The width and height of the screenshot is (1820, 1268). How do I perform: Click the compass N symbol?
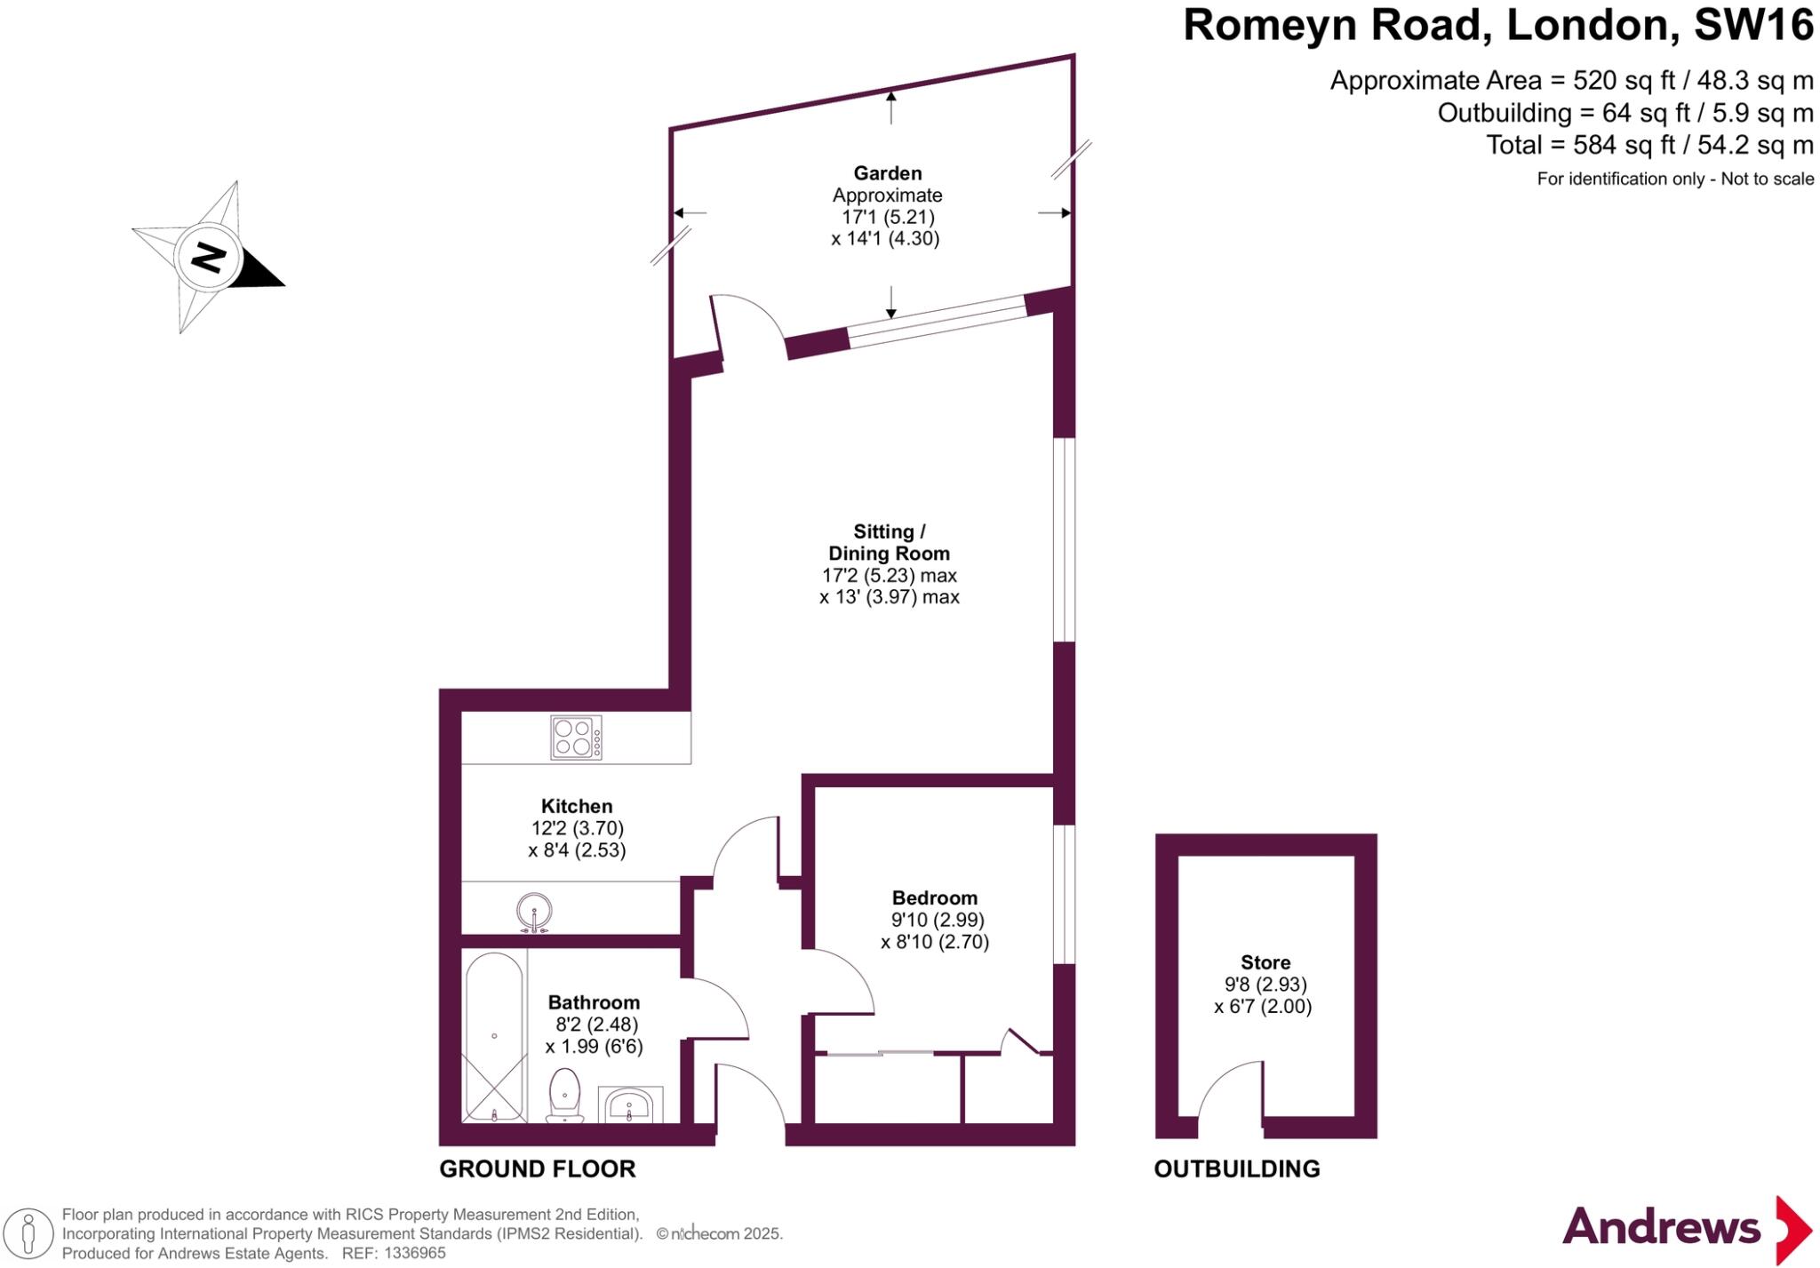(x=208, y=258)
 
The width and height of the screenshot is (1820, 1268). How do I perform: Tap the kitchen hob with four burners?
(x=576, y=738)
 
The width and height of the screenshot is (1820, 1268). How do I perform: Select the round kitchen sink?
(x=534, y=913)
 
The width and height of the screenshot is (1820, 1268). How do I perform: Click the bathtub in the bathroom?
(x=495, y=1037)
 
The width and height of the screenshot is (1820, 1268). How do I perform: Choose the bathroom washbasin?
(x=630, y=1104)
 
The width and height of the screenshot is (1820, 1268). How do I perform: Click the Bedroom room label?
(x=935, y=897)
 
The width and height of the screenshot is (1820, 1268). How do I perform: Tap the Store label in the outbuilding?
(x=1265, y=962)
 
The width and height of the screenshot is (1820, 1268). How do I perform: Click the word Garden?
(x=888, y=173)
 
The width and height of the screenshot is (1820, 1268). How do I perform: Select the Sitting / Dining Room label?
(x=889, y=542)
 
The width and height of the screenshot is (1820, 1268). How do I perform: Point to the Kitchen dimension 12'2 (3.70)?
(x=578, y=828)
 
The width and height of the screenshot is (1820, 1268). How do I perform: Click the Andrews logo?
(x=1688, y=1229)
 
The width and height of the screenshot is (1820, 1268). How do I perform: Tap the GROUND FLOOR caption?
(x=538, y=1168)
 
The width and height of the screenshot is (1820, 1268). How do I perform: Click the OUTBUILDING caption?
(x=1237, y=1168)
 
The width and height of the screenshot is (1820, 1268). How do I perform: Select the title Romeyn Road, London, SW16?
(x=1498, y=25)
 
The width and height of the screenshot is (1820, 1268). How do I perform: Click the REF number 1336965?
(x=413, y=1254)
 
